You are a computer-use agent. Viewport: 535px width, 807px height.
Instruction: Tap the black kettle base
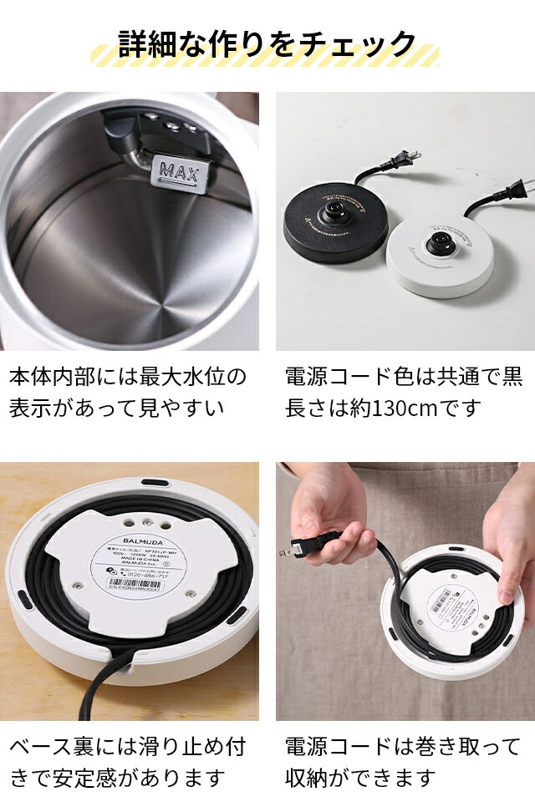pos(334,221)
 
